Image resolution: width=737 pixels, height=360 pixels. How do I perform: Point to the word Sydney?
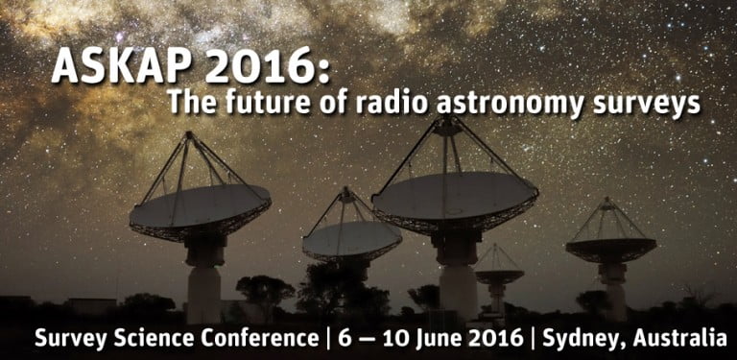coord(582,339)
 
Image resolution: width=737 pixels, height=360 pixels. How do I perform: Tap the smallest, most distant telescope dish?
coord(499,275)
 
